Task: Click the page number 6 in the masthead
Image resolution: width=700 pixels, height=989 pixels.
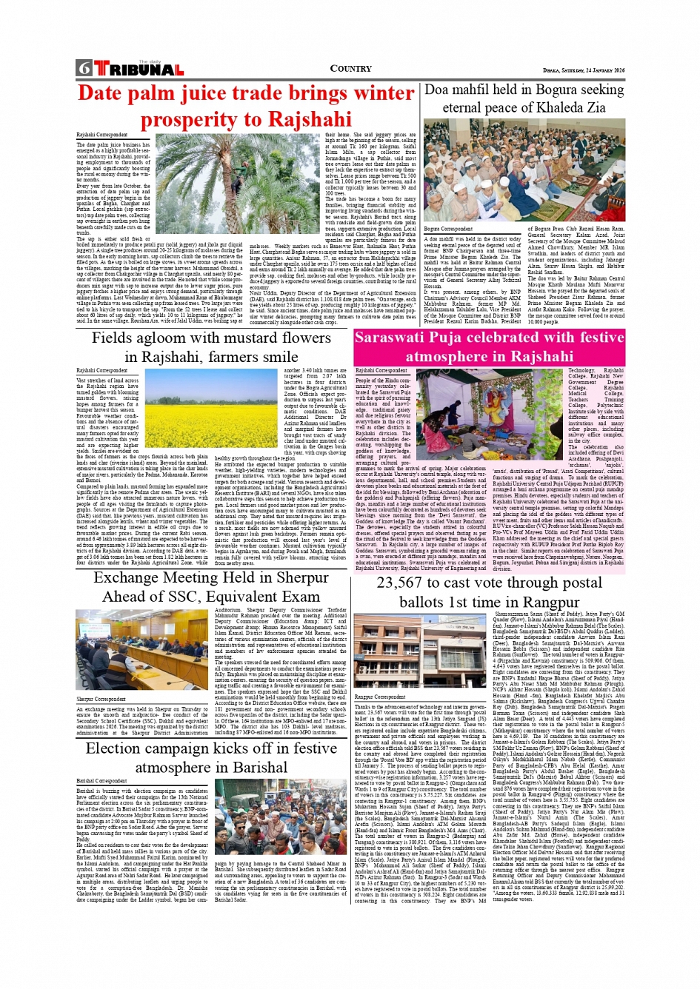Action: pos(83,69)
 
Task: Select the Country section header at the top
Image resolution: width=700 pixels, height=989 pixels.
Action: pos(350,68)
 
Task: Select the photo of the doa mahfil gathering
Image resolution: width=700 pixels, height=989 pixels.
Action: pos(524,170)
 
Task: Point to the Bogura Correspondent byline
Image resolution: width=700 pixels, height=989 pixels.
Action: pos(448,229)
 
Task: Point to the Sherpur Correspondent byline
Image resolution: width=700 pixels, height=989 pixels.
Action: pos(101,699)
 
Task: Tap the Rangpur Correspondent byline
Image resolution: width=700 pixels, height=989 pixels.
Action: pos(379,697)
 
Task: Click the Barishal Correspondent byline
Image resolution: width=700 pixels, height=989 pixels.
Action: pos(101,780)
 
